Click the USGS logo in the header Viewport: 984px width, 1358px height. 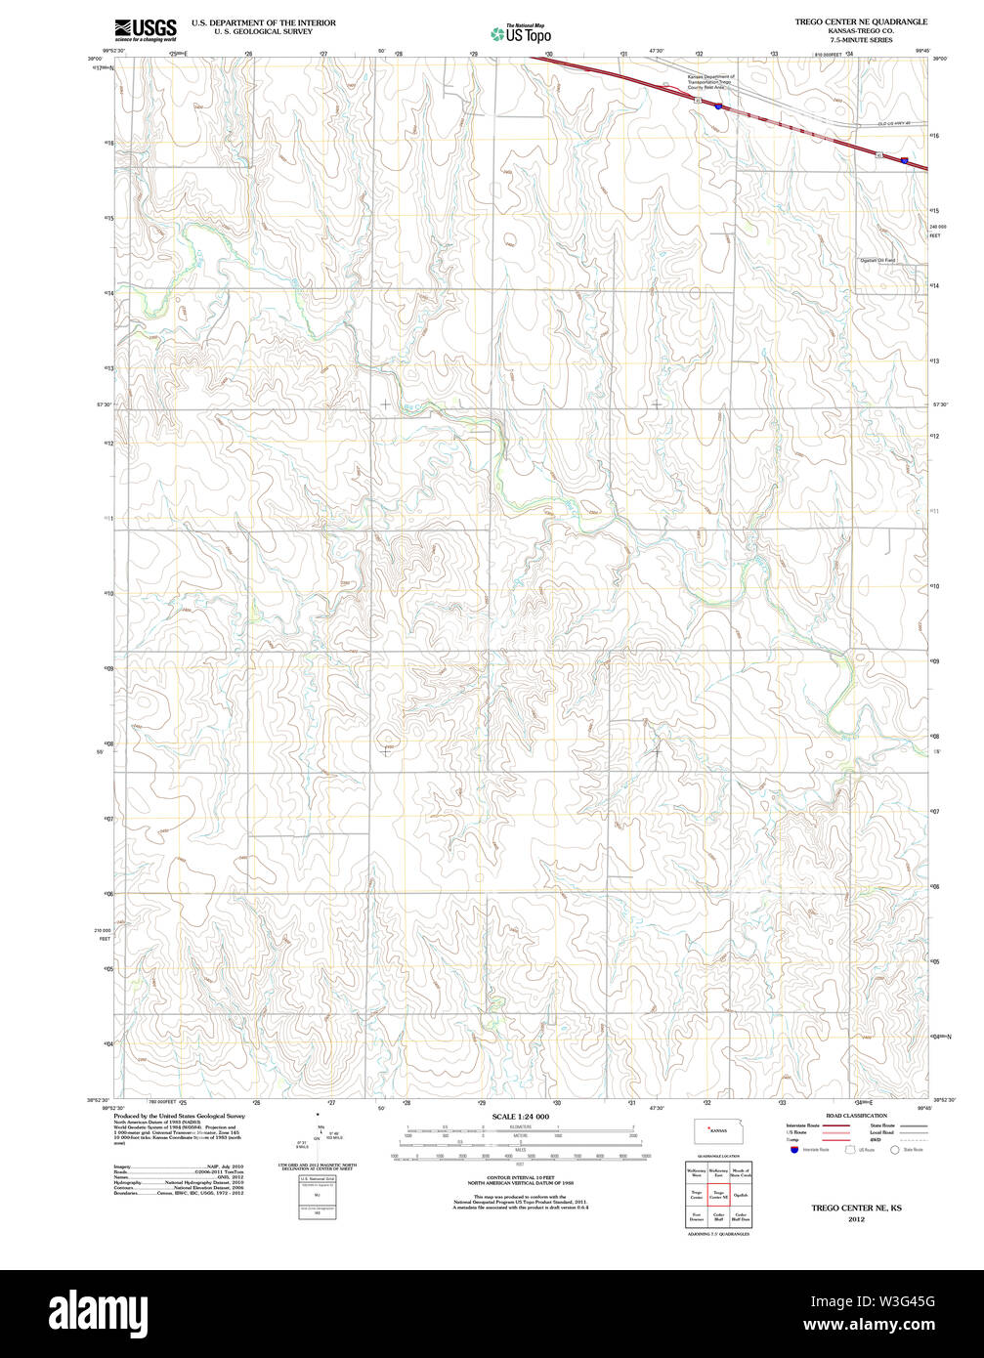click(145, 28)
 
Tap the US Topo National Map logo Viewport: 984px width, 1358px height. click(521, 33)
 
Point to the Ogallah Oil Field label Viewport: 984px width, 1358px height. click(877, 261)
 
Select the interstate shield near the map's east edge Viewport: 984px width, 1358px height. click(905, 160)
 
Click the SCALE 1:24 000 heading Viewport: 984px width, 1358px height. click(520, 1117)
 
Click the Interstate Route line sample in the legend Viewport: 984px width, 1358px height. click(834, 1125)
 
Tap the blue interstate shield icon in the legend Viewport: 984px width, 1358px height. click(794, 1150)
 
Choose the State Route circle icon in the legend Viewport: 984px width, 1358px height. click(893, 1150)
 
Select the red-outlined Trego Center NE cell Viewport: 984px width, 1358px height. click(718, 1195)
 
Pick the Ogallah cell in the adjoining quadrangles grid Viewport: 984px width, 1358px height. click(741, 1195)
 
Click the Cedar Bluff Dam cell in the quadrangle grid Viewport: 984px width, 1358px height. click(741, 1217)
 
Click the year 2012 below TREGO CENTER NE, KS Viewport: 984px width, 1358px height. click(856, 1219)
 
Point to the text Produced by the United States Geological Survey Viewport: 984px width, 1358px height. click(179, 1116)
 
